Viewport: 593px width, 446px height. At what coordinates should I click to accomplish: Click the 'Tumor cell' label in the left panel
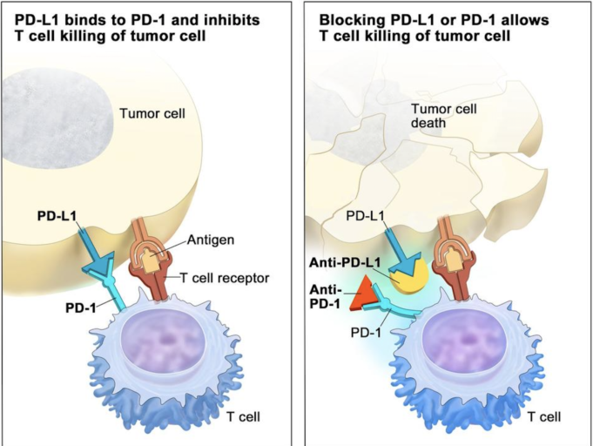152,113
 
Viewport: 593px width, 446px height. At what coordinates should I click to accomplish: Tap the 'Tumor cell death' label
443,116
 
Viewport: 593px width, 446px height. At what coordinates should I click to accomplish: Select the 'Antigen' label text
211,240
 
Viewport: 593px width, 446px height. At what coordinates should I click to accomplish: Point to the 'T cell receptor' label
225,278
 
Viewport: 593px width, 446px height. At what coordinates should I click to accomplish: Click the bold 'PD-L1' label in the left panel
57,216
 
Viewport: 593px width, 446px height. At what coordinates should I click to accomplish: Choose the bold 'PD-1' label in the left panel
81,307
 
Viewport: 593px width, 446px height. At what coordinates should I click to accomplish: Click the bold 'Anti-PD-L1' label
345,262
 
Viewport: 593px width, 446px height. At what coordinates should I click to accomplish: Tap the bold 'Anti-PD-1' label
326,296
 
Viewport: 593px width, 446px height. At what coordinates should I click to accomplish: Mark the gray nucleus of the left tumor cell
57,118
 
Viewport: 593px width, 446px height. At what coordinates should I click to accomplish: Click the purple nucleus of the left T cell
165,341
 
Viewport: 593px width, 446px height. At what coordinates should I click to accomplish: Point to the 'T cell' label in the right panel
544,417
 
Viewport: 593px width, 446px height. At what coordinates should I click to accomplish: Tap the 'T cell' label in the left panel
243,417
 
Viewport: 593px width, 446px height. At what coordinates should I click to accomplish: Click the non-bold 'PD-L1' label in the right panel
366,216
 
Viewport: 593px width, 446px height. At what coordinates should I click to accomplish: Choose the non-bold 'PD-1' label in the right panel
366,333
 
